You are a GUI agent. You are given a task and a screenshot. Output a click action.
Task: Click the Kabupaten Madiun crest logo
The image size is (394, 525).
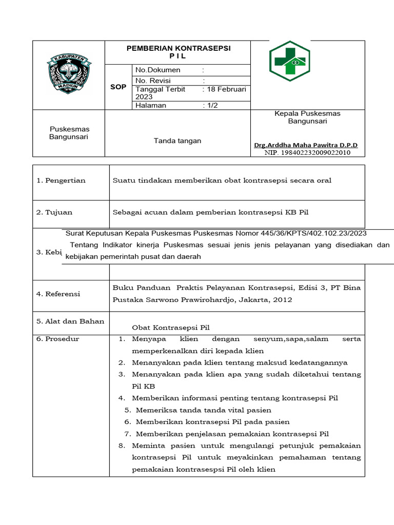69,74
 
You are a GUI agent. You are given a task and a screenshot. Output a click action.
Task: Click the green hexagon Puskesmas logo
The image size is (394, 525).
290,62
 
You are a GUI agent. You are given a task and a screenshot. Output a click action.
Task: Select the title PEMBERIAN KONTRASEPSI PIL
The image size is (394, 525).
179,52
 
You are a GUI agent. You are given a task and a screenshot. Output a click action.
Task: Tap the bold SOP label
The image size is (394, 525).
118,87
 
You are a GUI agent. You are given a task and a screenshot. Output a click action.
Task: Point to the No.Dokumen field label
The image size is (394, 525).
157,70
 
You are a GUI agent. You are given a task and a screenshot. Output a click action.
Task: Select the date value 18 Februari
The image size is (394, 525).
226,89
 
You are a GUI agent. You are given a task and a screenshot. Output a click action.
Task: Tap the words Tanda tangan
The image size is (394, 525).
178,140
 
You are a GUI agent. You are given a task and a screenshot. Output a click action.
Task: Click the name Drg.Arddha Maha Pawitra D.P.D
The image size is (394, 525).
306,145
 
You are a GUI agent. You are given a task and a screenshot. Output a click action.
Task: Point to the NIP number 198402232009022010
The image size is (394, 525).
307,152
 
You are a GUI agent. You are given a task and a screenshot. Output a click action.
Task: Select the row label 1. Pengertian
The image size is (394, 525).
61,180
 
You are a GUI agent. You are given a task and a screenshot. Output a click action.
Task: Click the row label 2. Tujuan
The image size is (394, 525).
54,212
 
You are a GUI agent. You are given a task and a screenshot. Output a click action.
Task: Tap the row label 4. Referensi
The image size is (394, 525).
58,294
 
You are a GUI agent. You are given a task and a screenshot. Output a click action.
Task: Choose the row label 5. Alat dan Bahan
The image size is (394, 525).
70,321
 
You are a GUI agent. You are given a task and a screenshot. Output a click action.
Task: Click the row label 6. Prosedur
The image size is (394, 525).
58,339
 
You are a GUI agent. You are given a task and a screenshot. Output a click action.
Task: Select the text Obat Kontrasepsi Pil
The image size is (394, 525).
171,328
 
